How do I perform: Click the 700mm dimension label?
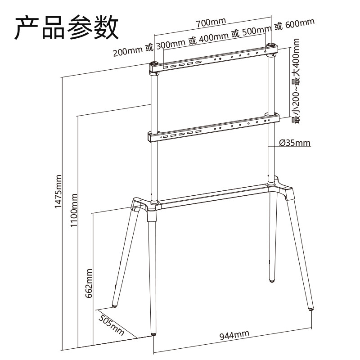point(211,21)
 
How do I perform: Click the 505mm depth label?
point(111,325)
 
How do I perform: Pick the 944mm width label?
point(234,335)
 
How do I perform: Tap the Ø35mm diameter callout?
point(295,143)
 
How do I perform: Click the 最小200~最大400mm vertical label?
point(296,81)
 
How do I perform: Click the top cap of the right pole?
point(272,45)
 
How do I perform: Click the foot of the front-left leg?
point(155,333)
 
